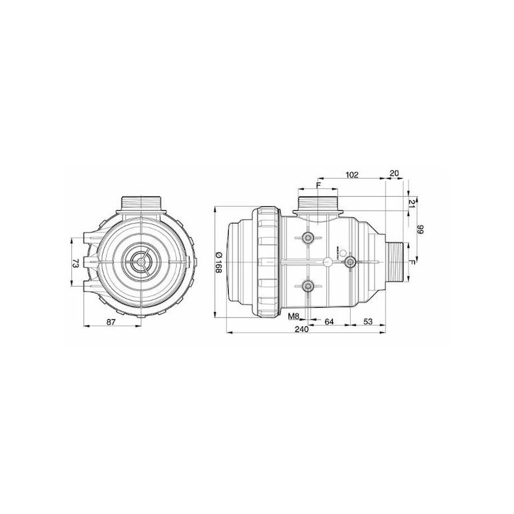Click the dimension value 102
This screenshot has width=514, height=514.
click(x=351, y=175)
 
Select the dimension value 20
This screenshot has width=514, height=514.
click(x=394, y=173)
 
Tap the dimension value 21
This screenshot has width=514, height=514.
click(x=412, y=204)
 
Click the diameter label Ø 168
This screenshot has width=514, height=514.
click(x=218, y=262)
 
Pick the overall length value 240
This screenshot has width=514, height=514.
click(x=301, y=329)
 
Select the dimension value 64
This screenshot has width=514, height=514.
click(x=329, y=322)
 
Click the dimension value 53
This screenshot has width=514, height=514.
click(x=368, y=322)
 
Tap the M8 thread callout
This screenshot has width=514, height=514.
click(x=294, y=316)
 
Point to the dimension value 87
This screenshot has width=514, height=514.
click(x=111, y=322)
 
